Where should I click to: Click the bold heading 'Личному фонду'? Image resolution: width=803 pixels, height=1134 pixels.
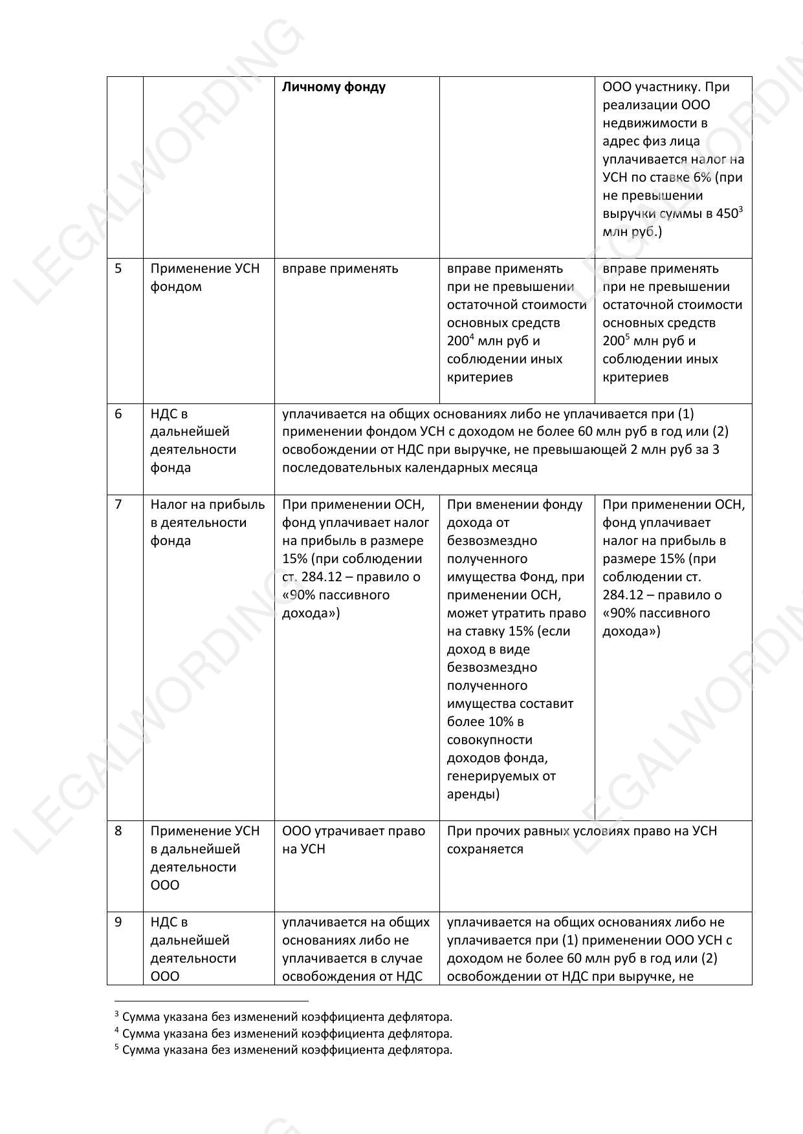pyautogui.click(x=334, y=87)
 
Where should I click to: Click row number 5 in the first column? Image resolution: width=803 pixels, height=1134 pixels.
pyautogui.click(x=118, y=268)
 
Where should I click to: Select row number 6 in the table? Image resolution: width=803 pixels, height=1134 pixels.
pyautogui.click(x=118, y=414)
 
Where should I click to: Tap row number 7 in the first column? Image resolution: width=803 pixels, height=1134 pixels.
pyautogui.click(x=118, y=504)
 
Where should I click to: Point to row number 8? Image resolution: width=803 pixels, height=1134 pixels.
pyautogui.click(x=118, y=831)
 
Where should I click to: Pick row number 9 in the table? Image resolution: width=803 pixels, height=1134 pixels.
pyautogui.click(x=118, y=922)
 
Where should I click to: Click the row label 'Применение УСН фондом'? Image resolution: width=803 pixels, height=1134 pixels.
pyautogui.click(x=204, y=277)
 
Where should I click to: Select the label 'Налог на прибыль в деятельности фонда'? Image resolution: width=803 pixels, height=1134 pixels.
pyautogui.click(x=207, y=522)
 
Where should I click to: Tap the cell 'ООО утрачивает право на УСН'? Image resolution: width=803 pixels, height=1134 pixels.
pyautogui.click(x=353, y=840)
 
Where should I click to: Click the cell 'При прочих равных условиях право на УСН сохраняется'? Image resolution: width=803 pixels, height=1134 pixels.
pyautogui.click(x=581, y=840)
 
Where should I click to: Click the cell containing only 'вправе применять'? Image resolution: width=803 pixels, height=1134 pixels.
pyautogui.click(x=340, y=268)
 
